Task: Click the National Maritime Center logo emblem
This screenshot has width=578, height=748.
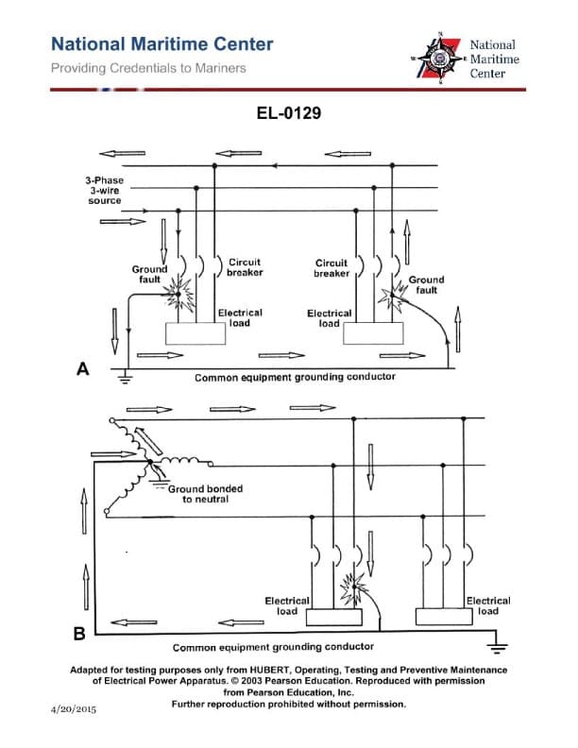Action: pos(439,59)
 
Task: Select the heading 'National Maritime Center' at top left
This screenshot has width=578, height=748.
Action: pos(161,44)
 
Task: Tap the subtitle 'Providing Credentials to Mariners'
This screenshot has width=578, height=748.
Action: pos(148,68)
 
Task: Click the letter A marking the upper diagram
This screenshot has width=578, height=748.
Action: pos(83,370)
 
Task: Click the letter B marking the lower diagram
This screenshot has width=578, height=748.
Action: pos(80,632)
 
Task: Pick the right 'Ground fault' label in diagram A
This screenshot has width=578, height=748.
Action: pos(426,284)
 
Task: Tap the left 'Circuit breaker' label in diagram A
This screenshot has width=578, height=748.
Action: pos(245,267)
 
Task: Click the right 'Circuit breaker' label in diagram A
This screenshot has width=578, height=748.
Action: pos(331,268)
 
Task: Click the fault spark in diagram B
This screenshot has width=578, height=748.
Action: pos(353,580)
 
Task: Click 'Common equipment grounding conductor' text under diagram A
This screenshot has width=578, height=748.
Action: pos(295,377)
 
